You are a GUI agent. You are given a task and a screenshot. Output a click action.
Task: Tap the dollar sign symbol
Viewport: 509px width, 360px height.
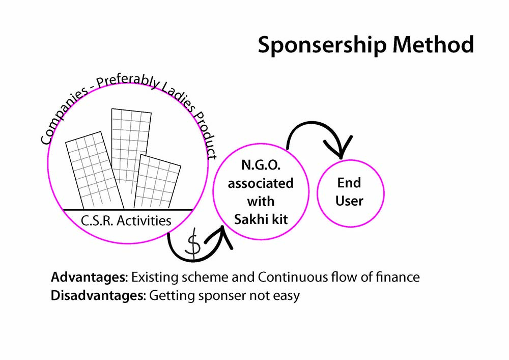[193, 245]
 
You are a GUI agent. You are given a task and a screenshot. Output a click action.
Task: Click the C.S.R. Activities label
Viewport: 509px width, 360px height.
[126, 220]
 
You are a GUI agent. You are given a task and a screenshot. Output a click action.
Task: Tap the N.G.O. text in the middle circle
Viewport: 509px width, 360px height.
[260, 165]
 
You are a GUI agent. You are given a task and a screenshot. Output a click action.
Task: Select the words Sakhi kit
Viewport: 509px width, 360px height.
[260, 219]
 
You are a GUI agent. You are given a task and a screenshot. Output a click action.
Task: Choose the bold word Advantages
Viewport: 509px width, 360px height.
[88, 278]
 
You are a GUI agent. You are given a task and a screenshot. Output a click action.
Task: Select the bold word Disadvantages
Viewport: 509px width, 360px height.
[98, 296]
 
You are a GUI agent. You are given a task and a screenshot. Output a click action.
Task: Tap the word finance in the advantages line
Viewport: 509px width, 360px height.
[398, 278]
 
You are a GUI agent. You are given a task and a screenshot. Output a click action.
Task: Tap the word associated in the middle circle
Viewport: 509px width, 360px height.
[260, 183]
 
